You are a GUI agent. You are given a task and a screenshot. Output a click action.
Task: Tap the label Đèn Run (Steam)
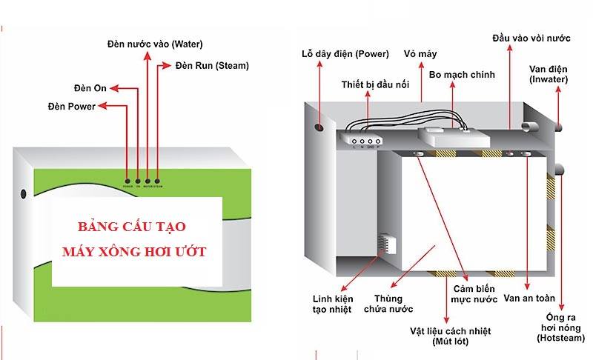(212, 65)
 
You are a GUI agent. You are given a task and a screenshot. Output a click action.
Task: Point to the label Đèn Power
(71, 107)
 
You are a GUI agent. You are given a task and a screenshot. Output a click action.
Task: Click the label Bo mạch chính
(461, 75)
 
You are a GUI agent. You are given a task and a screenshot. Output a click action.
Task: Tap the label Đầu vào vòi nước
(531, 37)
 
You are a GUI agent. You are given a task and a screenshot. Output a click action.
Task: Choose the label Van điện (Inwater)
(549, 74)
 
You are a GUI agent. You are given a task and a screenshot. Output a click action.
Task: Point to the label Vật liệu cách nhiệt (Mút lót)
(450, 336)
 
